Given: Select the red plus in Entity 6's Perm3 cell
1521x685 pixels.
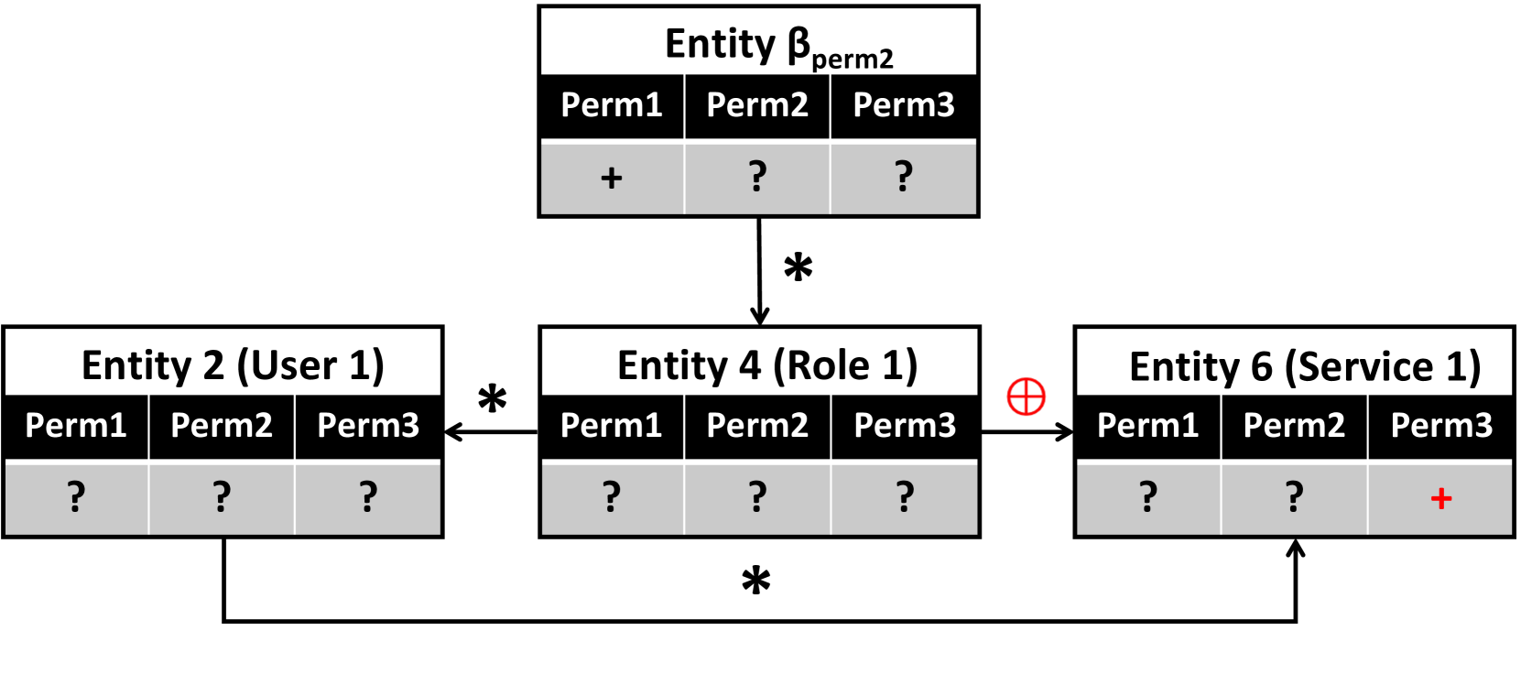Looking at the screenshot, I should tap(1440, 498).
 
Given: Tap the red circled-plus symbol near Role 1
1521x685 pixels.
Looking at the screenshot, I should tap(1026, 397).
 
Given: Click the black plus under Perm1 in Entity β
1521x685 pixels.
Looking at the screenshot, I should tap(611, 177).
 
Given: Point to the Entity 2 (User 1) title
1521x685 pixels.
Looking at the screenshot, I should tap(233, 365).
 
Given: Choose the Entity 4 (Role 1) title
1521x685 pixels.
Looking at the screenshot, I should tap(767, 365).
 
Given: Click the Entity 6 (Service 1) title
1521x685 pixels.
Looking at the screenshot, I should tap(1304, 366).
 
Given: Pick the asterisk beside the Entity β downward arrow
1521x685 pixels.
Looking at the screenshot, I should tap(798, 267).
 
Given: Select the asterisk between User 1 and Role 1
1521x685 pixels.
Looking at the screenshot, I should tap(492, 399).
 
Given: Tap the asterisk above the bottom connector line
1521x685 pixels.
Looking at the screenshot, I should tap(755, 581).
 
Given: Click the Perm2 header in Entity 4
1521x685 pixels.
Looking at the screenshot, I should tap(757, 425).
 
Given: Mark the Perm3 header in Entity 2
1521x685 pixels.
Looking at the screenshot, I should tap(368, 425).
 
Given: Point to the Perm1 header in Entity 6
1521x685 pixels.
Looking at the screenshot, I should tap(1147, 425).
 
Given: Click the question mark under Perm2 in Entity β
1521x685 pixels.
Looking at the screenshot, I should tap(757, 176).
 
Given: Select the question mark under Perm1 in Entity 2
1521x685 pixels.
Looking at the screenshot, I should tap(76, 497).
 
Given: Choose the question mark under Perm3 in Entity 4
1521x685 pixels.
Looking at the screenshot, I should tap(904, 497).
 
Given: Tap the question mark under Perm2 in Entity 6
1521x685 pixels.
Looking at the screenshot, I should tap(1294, 497).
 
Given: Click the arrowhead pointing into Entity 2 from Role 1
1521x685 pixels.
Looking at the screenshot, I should tap(451, 431).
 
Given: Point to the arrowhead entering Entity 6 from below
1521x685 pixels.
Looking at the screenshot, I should tap(1295, 548).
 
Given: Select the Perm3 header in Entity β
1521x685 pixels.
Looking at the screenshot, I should tap(904, 105).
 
